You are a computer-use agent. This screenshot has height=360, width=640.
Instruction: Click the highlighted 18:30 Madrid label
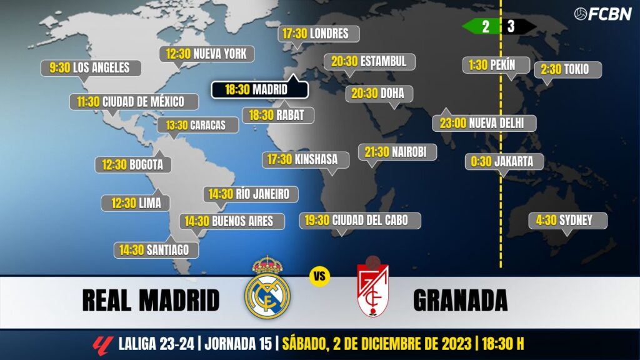[259, 89]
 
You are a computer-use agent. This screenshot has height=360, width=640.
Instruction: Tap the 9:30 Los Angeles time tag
[91, 67]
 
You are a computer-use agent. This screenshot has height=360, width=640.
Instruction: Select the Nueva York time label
[206, 54]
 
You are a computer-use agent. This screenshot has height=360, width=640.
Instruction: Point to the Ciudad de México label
[134, 101]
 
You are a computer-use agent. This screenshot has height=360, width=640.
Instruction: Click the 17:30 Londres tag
[319, 34]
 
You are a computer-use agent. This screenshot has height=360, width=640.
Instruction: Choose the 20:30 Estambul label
[369, 61]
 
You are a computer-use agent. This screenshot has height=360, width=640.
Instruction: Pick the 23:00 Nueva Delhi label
[484, 122]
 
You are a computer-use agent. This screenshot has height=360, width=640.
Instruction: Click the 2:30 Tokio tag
[567, 69]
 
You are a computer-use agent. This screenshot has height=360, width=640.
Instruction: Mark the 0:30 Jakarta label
[504, 161]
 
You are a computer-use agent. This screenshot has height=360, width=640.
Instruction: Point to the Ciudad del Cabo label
[360, 220]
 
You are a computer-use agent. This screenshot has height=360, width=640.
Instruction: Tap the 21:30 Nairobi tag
[396, 151]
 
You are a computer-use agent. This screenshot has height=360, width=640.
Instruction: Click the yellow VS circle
[319, 276]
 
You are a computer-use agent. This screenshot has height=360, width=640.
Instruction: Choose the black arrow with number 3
[517, 27]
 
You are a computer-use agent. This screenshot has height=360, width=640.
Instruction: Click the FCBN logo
[602, 14]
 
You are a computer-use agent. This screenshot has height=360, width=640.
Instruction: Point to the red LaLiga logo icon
[102, 344]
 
